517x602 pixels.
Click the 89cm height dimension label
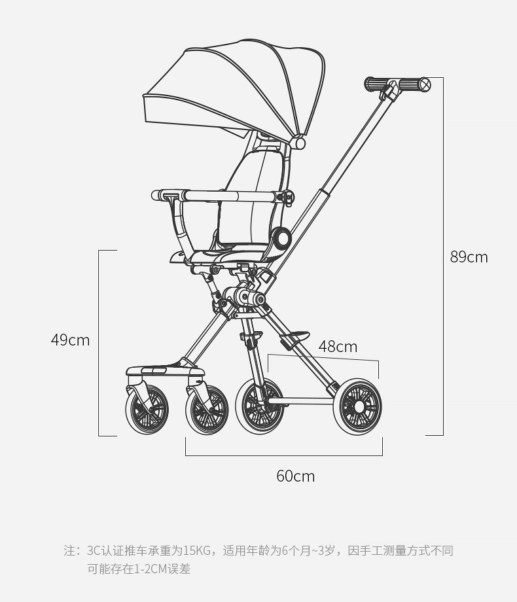point(469,257)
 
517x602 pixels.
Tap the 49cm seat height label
point(70,340)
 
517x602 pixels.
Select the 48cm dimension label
point(338,347)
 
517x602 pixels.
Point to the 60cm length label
point(295,476)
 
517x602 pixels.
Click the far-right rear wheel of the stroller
point(359,406)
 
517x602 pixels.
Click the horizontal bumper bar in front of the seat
point(223,196)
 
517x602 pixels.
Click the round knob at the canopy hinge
point(299,142)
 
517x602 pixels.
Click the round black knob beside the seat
point(282,238)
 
